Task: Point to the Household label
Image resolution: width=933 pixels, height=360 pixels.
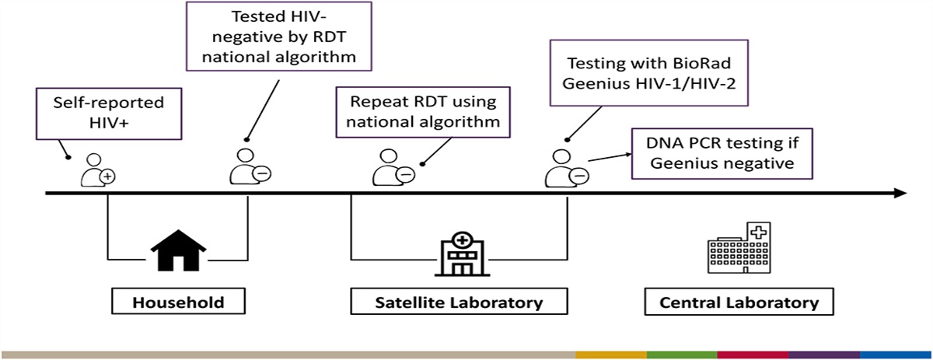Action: point(178,302)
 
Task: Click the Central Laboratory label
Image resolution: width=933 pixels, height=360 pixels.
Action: point(739,302)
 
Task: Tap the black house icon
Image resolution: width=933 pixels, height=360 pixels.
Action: point(178,250)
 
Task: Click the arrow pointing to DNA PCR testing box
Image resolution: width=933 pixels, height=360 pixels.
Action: point(610,158)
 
